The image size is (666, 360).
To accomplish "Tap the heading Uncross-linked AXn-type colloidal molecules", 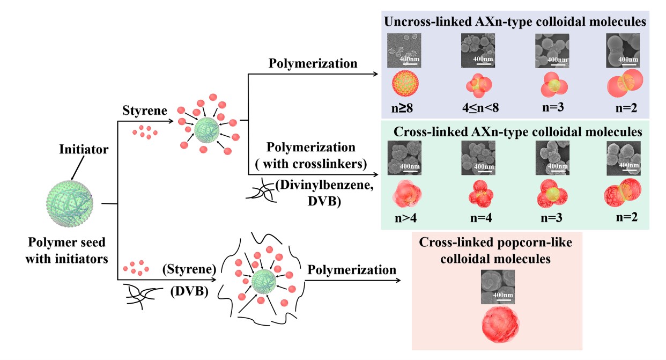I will click(514, 23).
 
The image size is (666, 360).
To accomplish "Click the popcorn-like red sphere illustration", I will click(497, 327).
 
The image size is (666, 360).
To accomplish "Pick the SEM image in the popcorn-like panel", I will click(497, 286).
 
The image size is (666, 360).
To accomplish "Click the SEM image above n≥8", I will click(404, 50).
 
